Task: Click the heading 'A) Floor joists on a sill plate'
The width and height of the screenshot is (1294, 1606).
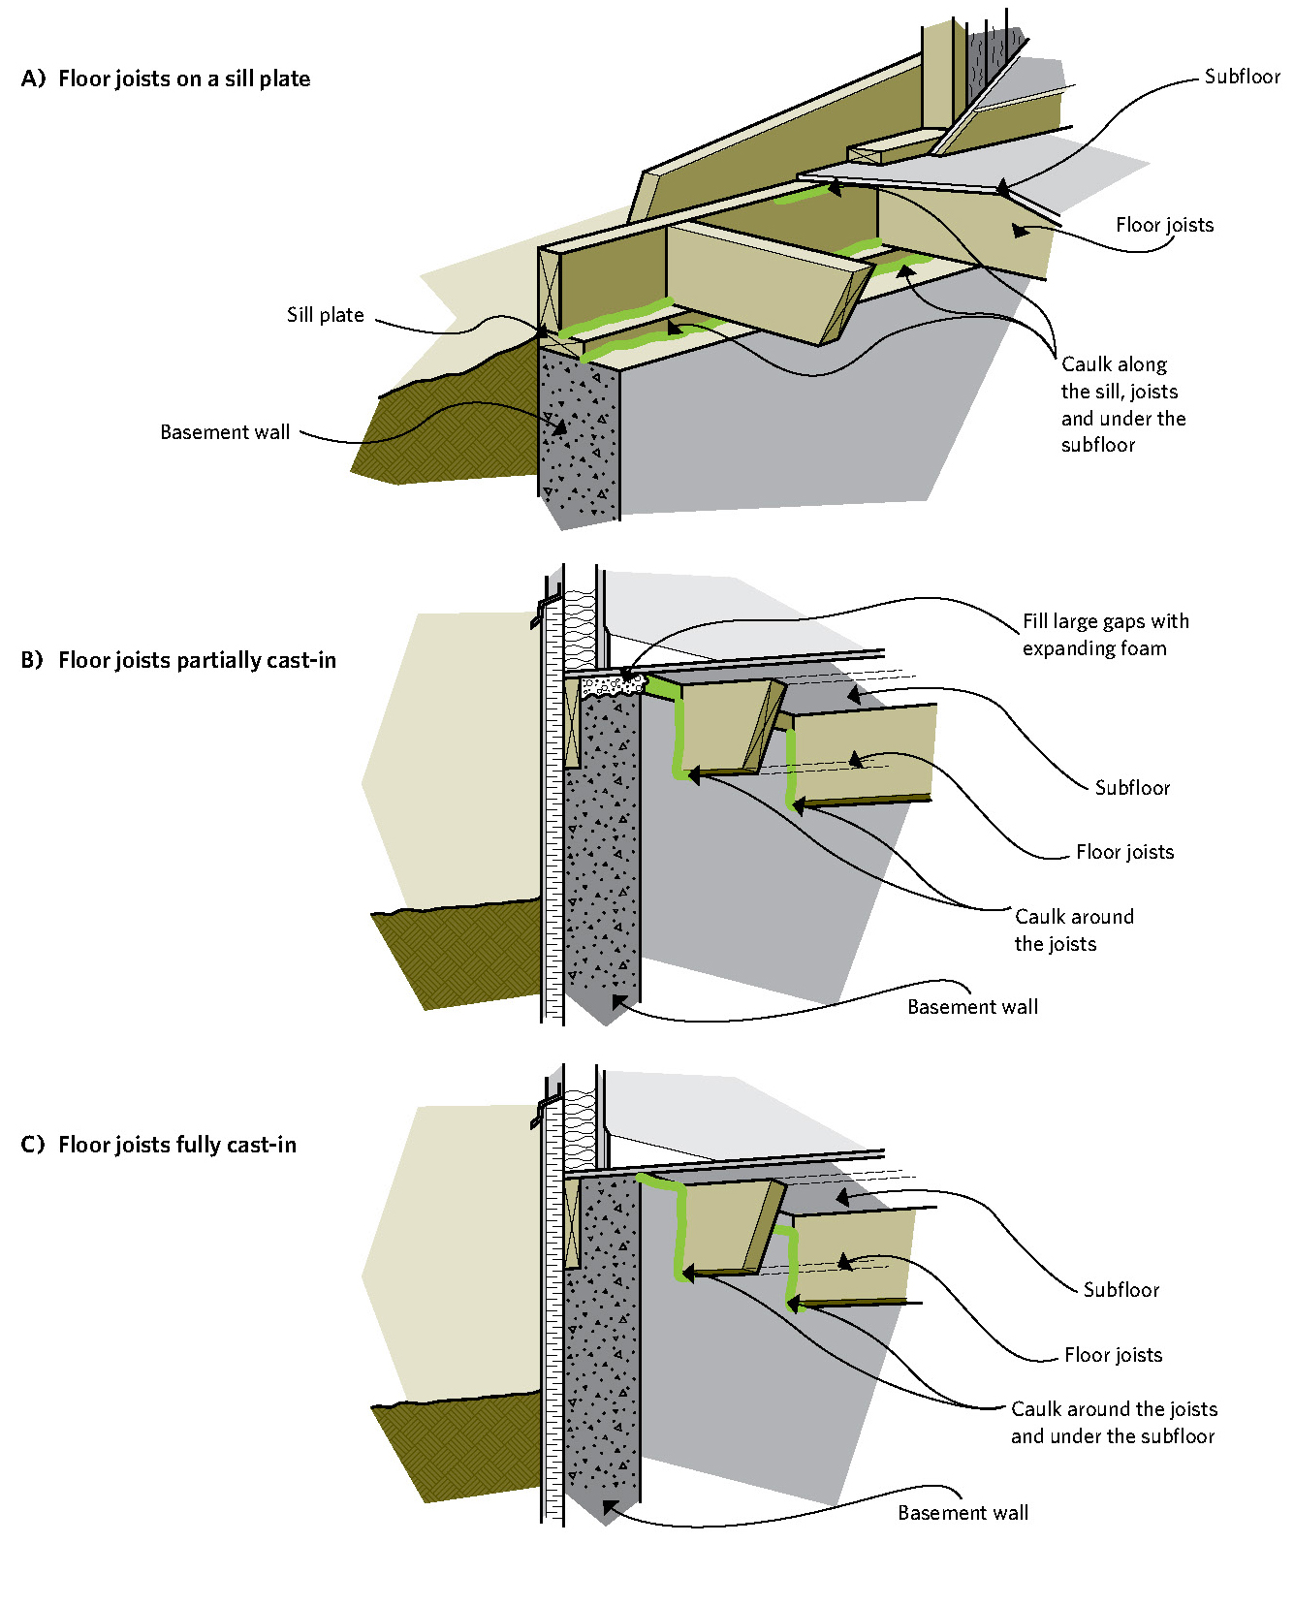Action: [166, 79]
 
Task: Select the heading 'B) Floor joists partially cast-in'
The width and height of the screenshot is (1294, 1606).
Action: [178, 661]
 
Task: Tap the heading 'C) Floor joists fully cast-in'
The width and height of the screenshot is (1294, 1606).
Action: [159, 1146]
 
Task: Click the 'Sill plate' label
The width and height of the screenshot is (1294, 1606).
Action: [326, 315]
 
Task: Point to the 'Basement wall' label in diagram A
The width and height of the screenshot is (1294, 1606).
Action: [225, 432]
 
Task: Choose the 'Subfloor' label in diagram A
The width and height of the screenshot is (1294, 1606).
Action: [1242, 77]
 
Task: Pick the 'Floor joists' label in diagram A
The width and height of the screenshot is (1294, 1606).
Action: [1164, 225]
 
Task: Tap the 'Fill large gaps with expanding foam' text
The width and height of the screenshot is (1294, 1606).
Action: [1105, 635]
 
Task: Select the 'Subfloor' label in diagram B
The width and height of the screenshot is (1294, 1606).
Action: [1132, 788]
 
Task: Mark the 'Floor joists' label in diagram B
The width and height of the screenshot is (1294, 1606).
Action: [1124, 852]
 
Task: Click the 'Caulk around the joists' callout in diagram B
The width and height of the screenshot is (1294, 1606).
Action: [1073, 929]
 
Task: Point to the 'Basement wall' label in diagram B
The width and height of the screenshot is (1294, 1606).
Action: [972, 1007]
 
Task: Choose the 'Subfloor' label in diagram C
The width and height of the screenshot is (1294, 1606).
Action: [1120, 1290]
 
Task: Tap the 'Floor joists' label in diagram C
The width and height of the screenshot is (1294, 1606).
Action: [1113, 1355]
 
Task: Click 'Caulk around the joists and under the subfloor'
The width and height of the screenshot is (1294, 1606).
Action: [1113, 1423]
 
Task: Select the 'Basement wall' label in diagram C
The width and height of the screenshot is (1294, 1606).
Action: [963, 1513]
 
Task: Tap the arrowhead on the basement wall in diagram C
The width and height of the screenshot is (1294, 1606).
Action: [611, 1508]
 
